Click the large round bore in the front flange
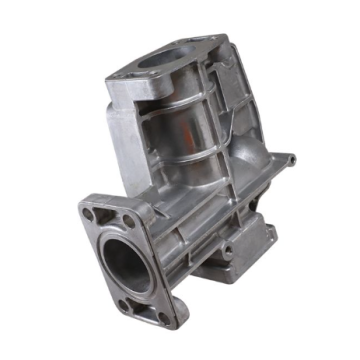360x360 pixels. (126, 262)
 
